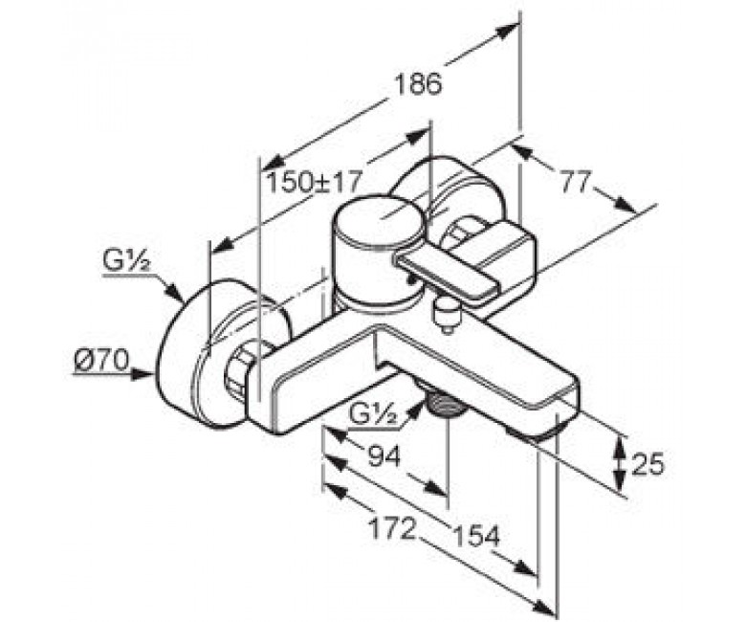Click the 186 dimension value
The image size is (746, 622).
[x=418, y=84]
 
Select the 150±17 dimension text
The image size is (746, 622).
[x=314, y=181]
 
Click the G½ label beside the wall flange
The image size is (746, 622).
[x=126, y=261]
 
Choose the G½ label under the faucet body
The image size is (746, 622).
[x=373, y=414]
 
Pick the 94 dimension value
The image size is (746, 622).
[x=384, y=456]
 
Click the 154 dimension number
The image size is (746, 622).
[x=475, y=536]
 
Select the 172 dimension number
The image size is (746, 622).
[x=393, y=528]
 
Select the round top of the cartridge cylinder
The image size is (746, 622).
[x=379, y=224]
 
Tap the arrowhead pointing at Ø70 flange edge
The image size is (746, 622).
[x=143, y=373]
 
